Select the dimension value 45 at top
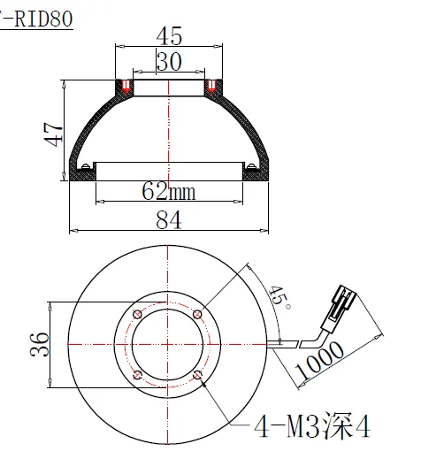[169, 37]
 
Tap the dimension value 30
[169, 61]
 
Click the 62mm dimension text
[169, 190]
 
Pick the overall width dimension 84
[169, 218]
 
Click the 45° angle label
[280, 298]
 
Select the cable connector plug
[342, 303]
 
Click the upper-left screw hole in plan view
[136, 316]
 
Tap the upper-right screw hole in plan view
[197, 316]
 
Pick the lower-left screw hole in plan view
[136, 377]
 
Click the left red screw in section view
[126, 87]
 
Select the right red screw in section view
[211, 87]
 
